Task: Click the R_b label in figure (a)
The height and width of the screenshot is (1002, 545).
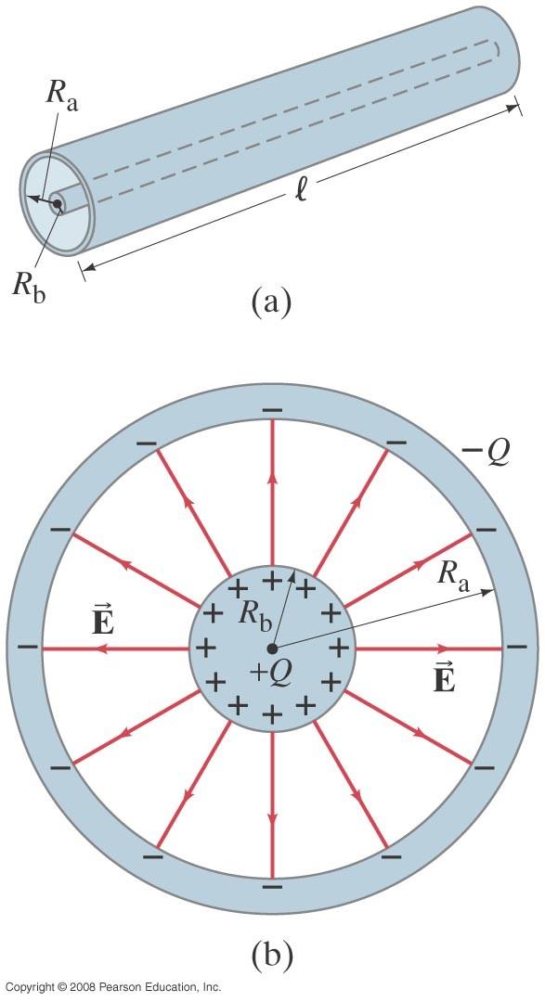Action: point(30,288)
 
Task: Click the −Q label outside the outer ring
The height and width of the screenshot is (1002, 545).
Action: point(485,453)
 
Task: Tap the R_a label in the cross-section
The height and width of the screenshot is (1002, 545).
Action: point(456,577)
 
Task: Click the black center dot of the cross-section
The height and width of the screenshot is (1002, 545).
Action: point(272,649)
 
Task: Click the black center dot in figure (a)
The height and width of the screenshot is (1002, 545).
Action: point(58,204)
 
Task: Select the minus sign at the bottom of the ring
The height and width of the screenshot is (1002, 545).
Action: point(273,887)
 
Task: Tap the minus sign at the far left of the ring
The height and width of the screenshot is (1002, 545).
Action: point(28,648)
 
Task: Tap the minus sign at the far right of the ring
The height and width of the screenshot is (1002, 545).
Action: point(517,648)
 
